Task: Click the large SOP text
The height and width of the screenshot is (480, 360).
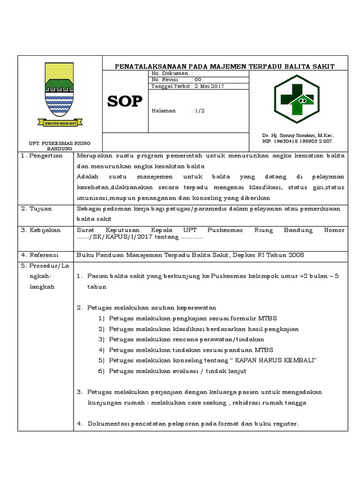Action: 125,101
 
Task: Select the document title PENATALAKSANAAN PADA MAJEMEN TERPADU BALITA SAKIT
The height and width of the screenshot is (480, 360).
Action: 225,67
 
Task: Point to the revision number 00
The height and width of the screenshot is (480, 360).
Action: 198,80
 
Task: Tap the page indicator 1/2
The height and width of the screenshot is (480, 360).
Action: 200,111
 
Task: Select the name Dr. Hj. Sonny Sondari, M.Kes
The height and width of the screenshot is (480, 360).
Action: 298,135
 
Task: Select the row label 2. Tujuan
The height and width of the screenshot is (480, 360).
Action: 37,208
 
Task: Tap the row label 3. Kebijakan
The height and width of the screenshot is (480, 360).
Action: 40,230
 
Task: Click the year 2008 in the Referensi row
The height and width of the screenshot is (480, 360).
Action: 296,255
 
